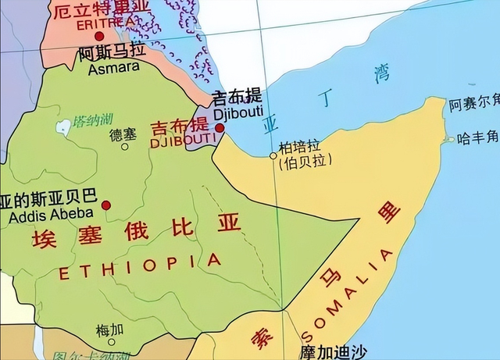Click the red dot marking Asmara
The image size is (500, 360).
(98, 36)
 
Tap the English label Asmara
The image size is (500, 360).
(113, 68)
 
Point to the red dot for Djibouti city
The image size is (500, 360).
(220, 127)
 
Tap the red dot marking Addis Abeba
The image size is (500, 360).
(106, 205)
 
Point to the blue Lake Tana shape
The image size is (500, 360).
(60, 126)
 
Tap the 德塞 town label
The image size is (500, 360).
(123, 134)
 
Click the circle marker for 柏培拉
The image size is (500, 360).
(273, 156)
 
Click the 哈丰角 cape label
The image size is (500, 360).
(477, 137)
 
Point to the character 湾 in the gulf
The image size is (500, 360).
(383, 76)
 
